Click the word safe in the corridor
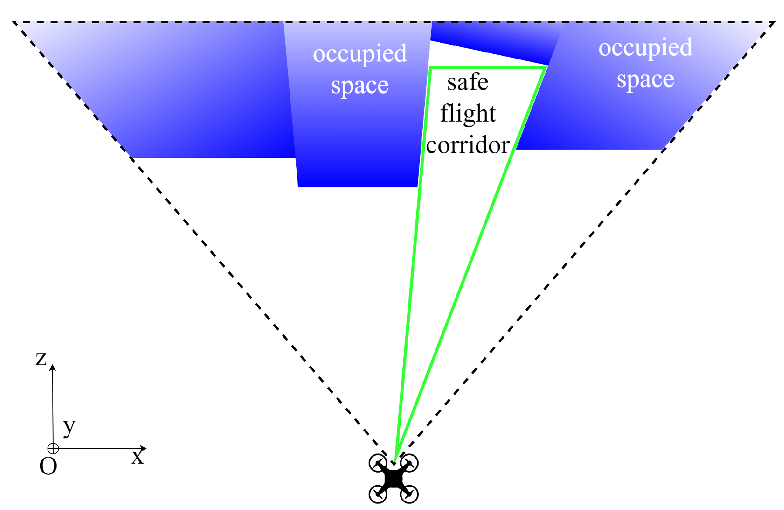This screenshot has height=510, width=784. click(467, 83)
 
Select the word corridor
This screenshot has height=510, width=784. click(468, 146)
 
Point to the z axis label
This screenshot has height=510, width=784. click(41, 359)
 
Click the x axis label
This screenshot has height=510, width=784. click(138, 457)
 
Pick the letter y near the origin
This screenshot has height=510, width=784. click(69, 427)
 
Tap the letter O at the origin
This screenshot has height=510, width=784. click(48, 466)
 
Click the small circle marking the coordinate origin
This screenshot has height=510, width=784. click(53, 449)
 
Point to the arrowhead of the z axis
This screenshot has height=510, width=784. click(52, 367)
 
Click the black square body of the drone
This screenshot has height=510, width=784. click(393, 479)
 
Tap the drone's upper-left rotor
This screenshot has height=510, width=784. click(378, 463)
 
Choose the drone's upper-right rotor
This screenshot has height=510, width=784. click(409, 463)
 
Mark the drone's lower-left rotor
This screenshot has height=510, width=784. click(378, 495)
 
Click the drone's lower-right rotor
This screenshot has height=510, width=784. click(409, 495)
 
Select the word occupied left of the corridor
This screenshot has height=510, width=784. click(360, 54)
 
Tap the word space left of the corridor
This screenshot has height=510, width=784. click(360, 86)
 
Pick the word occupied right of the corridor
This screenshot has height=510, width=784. click(645, 48)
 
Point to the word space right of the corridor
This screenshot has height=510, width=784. click(645, 80)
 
